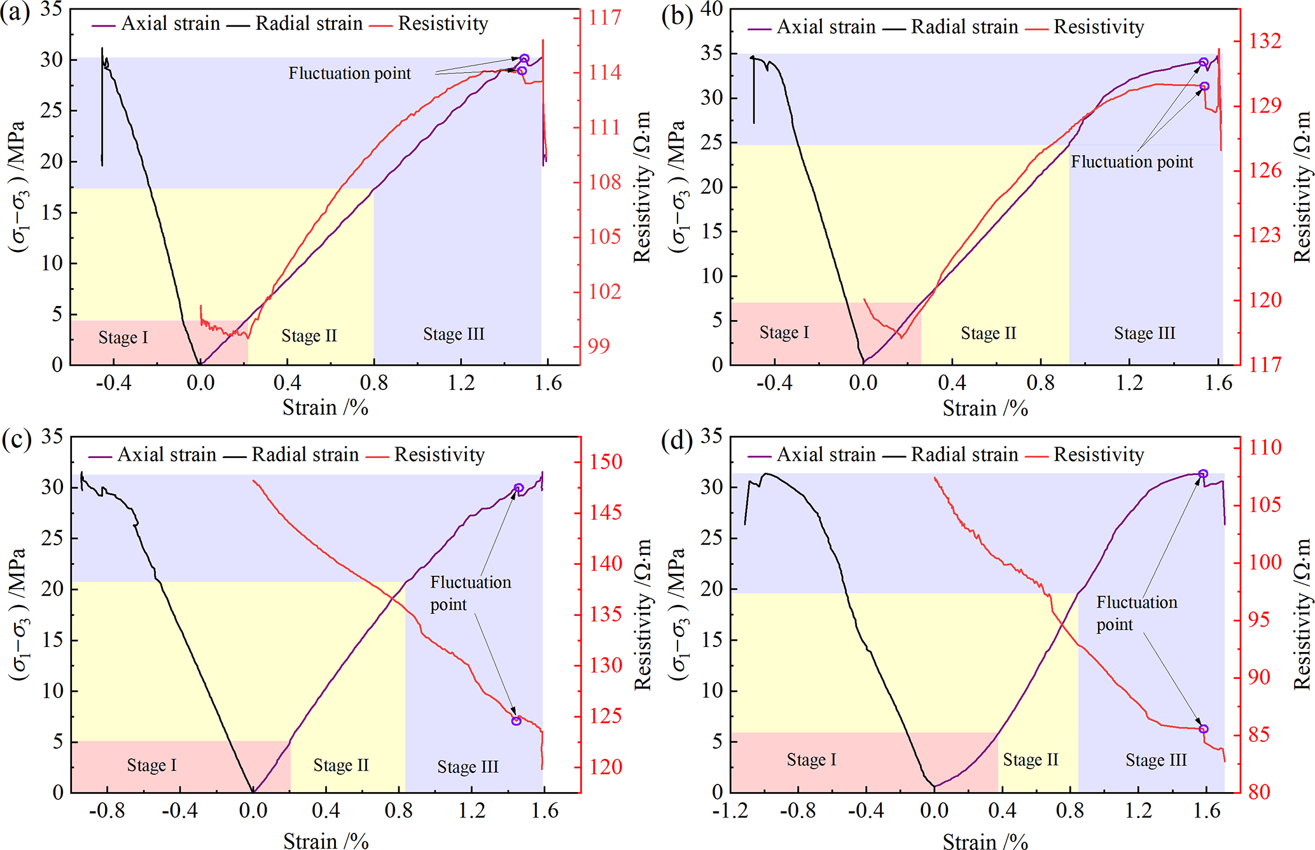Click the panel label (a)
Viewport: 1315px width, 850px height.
coord(15,13)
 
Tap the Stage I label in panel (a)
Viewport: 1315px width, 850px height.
coord(123,337)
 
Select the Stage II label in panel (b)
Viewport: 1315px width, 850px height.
coord(988,333)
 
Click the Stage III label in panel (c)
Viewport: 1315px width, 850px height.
coord(468,767)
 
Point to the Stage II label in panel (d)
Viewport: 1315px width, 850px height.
coord(1031,760)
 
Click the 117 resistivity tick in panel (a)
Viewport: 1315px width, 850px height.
coord(604,17)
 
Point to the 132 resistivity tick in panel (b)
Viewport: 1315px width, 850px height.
coord(1265,41)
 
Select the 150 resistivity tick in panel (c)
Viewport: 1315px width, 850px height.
coord(605,462)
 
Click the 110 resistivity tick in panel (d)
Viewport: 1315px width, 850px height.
coord(1265,447)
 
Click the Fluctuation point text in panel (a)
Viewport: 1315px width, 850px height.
coord(350,74)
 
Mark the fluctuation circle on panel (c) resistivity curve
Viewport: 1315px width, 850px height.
coord(516,721)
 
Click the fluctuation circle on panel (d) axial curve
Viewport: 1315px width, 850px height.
coord(1202,474)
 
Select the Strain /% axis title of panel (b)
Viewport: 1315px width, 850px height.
coord(985,408)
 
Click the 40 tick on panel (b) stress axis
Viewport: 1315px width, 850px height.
coord(711,10)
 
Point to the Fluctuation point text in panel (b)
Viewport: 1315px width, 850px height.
coord(1132,162)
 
